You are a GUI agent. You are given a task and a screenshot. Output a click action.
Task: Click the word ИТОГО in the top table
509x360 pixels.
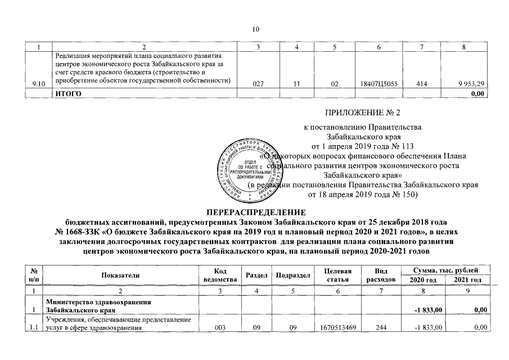(66, 93)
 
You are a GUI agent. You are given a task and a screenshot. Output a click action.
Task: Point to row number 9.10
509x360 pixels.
(39, 84)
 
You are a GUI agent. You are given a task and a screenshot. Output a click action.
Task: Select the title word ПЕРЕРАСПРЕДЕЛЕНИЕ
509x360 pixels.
(255, 213)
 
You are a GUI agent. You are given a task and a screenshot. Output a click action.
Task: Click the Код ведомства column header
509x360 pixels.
(217, 274)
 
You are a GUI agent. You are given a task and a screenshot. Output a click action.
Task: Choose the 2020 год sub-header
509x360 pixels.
(424, 280)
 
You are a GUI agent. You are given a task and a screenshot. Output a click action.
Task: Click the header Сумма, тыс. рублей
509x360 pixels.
(445, 271)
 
